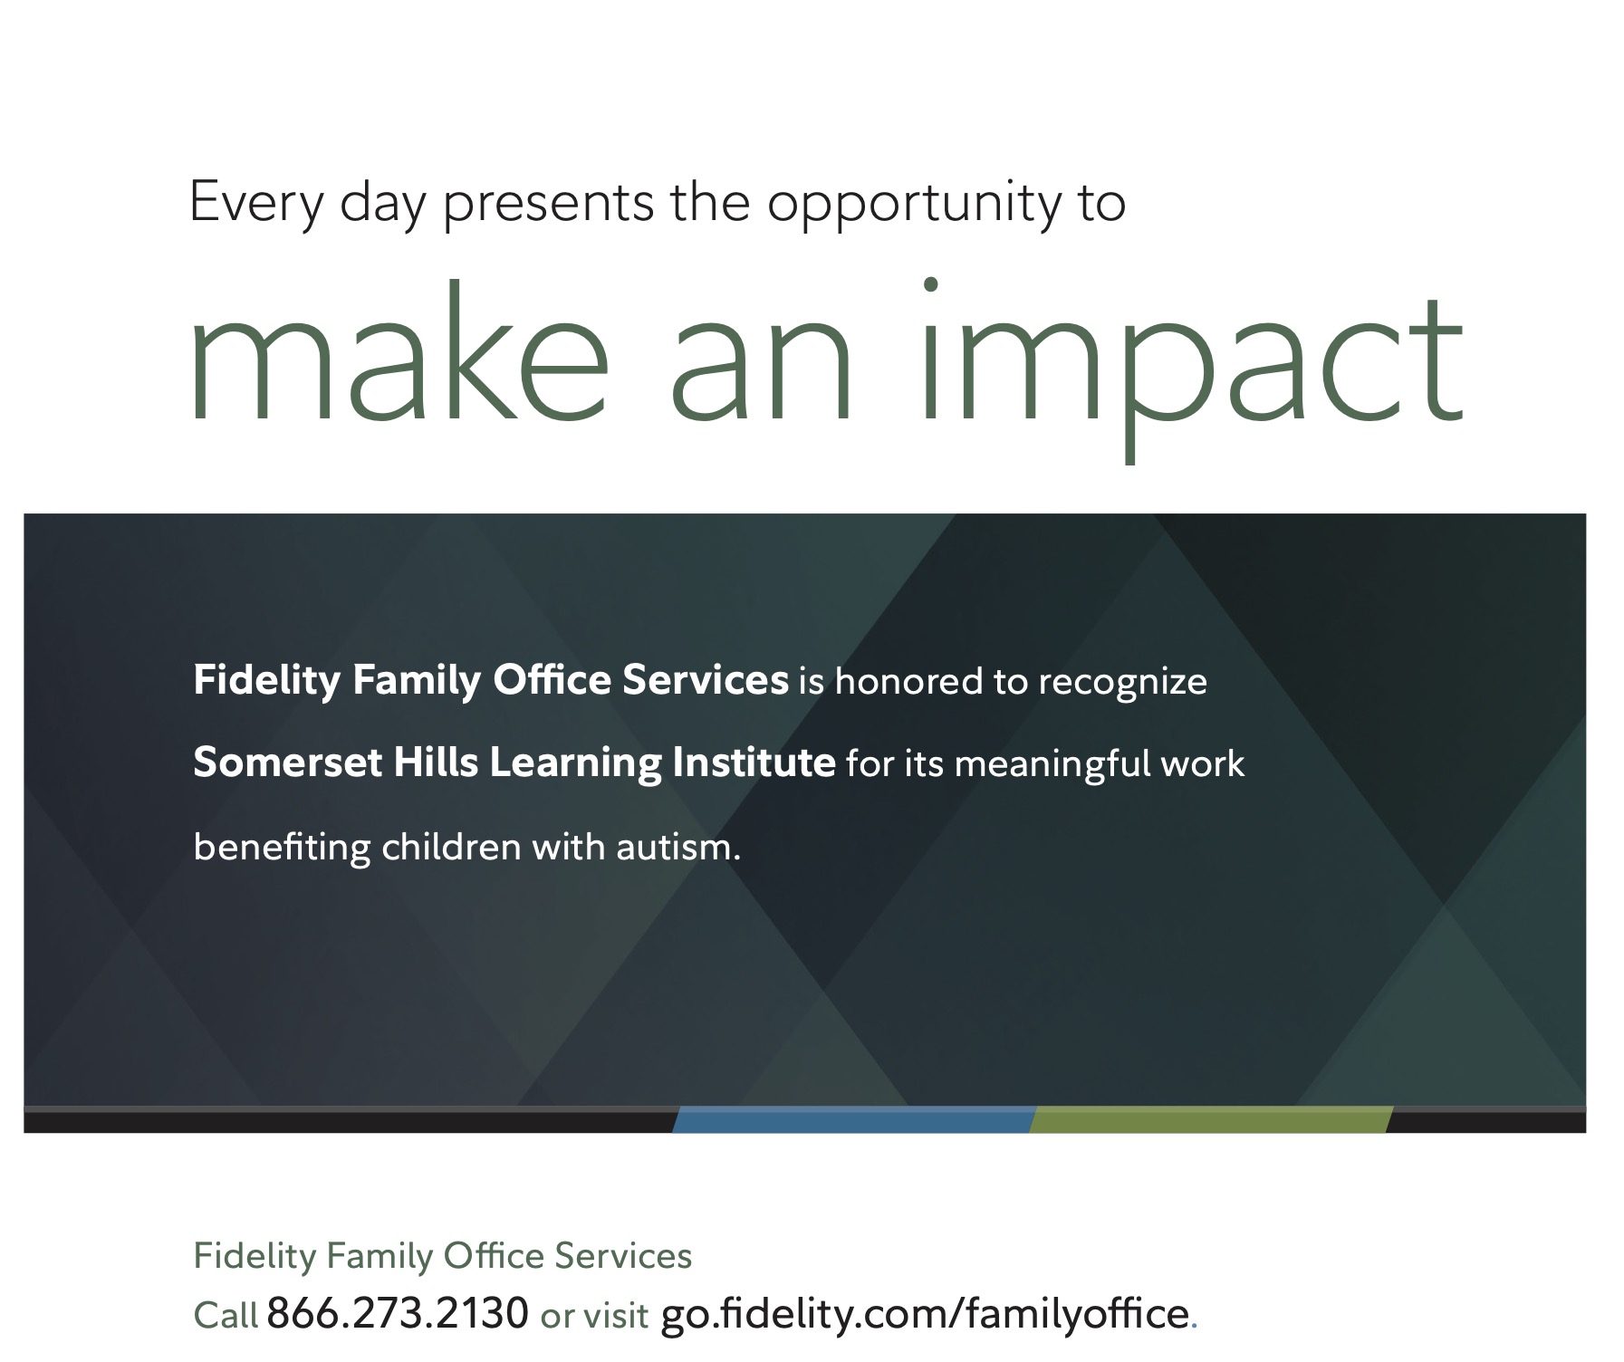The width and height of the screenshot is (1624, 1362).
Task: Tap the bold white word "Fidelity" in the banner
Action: pos(266,681)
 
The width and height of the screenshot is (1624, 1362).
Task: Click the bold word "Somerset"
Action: pos(288,763)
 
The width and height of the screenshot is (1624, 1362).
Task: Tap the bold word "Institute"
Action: pos(754,763)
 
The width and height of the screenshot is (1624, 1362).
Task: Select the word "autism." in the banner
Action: pos(678,848)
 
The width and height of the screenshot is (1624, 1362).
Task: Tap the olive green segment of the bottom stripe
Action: pos(1211,1119)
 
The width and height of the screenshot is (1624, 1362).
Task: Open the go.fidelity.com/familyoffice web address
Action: pos(925,1313)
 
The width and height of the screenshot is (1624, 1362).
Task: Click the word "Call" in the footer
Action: pos(226,1315)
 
